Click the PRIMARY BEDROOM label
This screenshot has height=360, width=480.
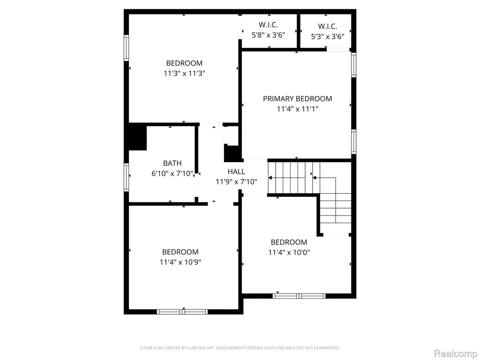coord(297,98)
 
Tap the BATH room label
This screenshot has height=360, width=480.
coord(172,163)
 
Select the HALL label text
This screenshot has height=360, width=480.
coord(236,172)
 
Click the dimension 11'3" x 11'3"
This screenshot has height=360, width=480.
coord(184,74)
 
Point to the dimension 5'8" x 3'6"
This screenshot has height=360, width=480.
coord(268,35)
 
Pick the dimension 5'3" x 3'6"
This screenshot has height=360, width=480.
coord(328,37)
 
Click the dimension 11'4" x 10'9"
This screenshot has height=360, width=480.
coord(180,262)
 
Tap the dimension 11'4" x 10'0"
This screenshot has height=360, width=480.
coord(289,253)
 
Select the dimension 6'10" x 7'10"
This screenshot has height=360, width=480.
coord(172,173)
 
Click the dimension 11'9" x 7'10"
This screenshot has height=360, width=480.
coord(236,182)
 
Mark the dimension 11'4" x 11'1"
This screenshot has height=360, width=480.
coord(298,109)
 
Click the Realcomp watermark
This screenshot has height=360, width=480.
coord(456,353)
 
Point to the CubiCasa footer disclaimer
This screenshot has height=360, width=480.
coord(240,348)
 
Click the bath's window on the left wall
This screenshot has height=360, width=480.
coord(126,177)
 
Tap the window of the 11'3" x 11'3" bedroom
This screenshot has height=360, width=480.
coord(126,48)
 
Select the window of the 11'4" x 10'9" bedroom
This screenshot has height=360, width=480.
coord(182,312)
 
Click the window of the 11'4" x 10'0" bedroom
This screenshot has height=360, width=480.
coord(299,296)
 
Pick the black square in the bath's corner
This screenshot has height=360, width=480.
coord(137,138)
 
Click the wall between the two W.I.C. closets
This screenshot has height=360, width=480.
coord(298,31)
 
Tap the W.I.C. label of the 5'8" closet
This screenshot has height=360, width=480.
coord(268,24)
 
